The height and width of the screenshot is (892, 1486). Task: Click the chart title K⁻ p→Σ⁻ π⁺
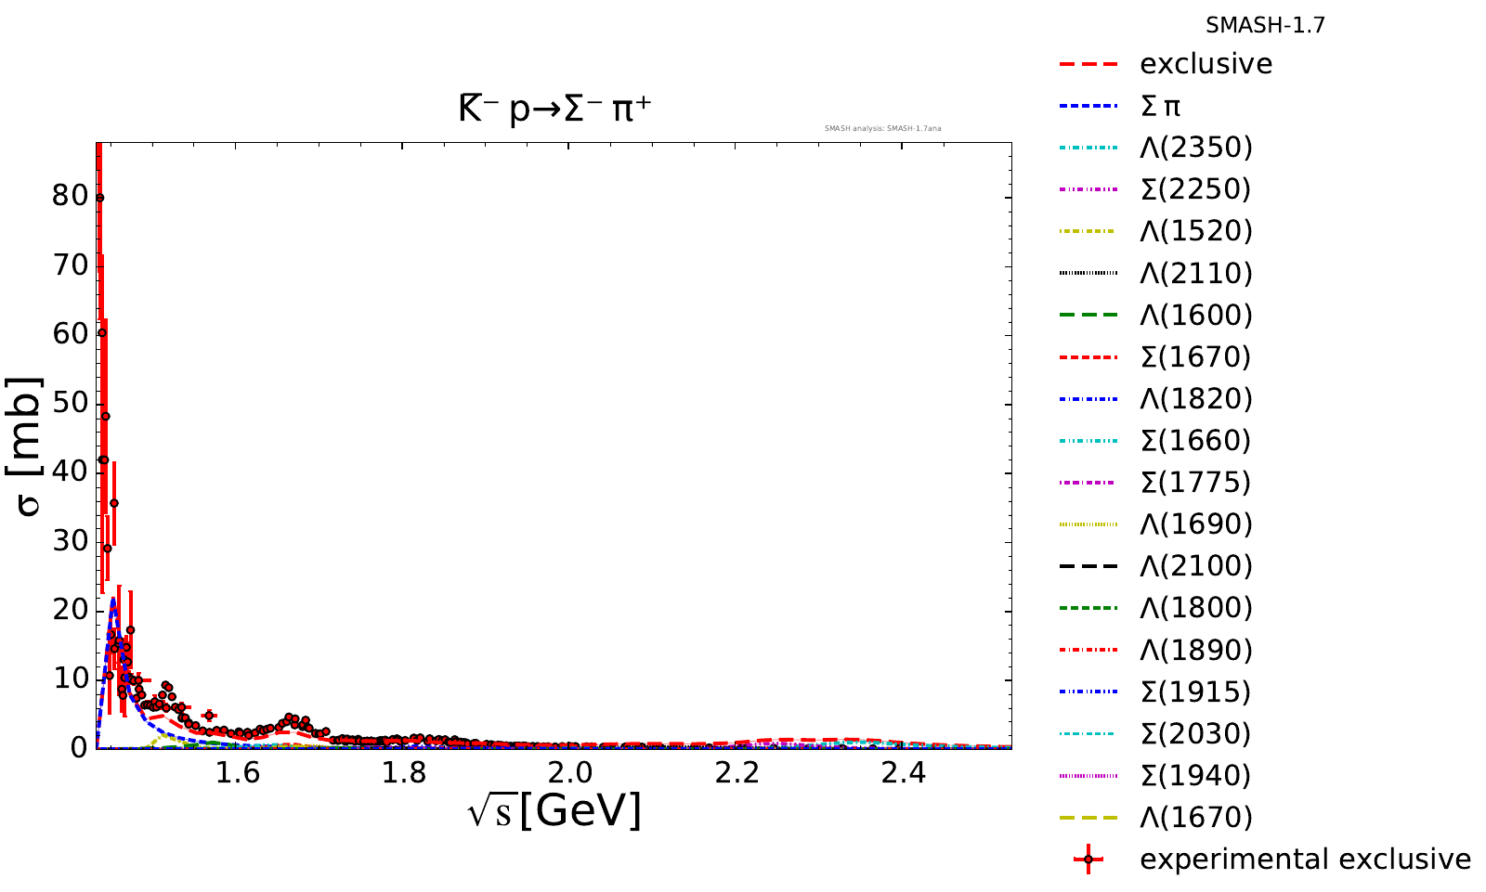[554, 110]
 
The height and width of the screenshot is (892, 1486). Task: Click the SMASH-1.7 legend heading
[1265, 26]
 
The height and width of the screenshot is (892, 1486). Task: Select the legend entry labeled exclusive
[1206, 64]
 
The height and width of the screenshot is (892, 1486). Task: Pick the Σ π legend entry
[1160, 106]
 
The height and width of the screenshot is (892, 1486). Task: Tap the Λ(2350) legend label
[1196, 148]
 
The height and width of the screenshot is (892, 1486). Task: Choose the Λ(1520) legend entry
[1196, 231]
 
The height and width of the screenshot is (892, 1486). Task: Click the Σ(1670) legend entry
[1196, 356]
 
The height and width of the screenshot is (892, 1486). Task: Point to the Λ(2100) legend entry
[1196, 565]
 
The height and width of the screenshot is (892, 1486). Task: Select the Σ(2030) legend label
[1196, 733]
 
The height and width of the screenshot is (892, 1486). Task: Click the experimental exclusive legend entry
[1305, 859]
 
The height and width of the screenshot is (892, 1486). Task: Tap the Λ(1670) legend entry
[1196, 817]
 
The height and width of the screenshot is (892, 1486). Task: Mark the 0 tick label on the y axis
[76, 747]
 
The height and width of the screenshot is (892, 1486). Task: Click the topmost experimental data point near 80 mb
[99, 198]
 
